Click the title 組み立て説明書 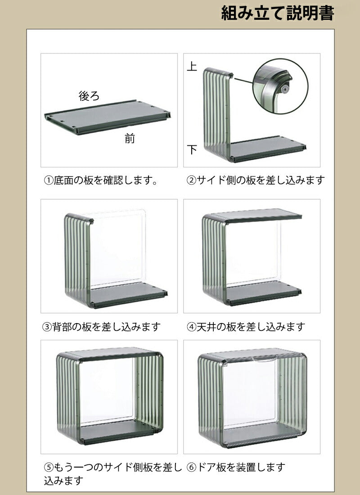[277, 13]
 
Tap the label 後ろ [89, 96]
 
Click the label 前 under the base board [130, 138]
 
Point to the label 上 [192, 67]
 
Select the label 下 [192, 149]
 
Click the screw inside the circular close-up [285, 90]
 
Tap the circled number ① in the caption [49, 181]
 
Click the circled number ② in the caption [191, 180]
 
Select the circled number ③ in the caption [47, 327]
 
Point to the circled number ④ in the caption [191, 327]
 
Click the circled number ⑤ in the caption [49, 467]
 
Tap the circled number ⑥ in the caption [191, 467]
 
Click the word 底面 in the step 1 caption [64, 181]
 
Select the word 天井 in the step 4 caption [207, 327]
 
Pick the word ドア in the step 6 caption [207, 467]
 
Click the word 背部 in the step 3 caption [62, 327]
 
